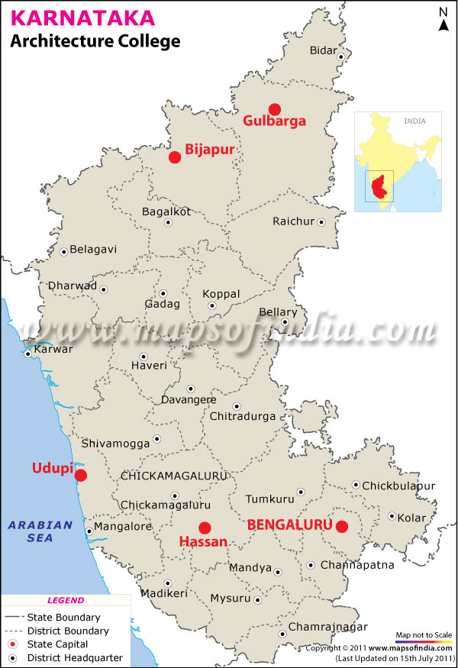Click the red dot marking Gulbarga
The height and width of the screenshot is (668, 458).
tap(275, 108)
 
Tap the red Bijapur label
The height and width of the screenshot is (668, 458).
tap(209, 150)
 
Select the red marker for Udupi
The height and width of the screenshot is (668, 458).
tap(80, 475)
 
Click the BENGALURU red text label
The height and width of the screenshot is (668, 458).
tap(290, 524)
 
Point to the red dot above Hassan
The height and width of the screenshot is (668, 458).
tap(205, 528)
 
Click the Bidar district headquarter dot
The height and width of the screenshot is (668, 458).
tap(343, 56)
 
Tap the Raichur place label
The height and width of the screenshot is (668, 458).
tap(293, 221)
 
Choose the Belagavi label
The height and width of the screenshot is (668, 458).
tap(93, 249)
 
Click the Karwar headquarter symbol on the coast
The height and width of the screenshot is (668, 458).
tap(28, 353)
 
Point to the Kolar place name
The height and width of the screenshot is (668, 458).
tap(413, 517)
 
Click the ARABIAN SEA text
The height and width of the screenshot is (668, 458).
tap(40, 531)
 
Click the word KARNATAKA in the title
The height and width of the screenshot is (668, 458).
tap(70, 17)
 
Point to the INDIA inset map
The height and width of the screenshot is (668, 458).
tap(398, 162)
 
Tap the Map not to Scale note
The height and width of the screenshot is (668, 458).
tap(423, 635)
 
